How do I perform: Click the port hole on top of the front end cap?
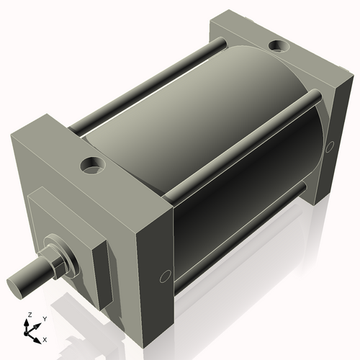92,167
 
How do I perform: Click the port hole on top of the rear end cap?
277,48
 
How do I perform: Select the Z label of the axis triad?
29,315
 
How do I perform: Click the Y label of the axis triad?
45,318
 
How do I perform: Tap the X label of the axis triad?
45,338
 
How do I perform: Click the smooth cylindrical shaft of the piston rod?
32,274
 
